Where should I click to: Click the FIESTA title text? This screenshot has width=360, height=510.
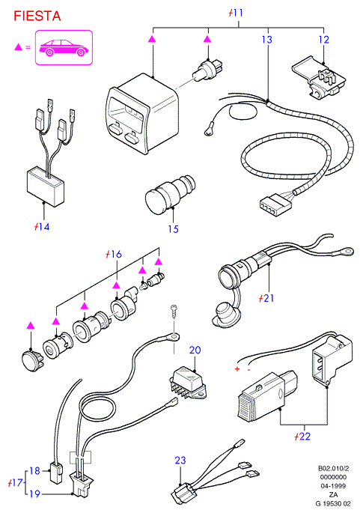pyautogui.click(x=37, y=16)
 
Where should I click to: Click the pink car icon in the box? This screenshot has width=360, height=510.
pyautogui.click(x=64, y=47)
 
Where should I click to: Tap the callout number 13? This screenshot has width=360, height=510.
pyautogui.click(x=267, y=40)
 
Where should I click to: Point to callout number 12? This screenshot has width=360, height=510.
pyautogui.click(x=324, y=40)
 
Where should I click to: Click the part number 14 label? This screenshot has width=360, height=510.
pyautogui.click(x=42, y=226)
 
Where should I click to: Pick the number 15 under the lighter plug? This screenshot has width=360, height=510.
pyautogui.click(x=173, y=229)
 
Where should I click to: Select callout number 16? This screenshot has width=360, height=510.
pyautogui.click(x=114, y=254)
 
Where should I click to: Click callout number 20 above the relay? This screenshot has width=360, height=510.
pyautogui.click(x=195, y=350)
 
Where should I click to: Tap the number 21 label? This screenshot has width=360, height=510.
pyautogui.click(x=266, y=298)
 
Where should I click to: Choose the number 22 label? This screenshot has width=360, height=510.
pyautogui.click(x=302, y=436)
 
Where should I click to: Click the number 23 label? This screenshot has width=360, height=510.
pyautogui.click(x=180, y=461)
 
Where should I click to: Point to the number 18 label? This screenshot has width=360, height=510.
pyautogui.click(x=34, y=470)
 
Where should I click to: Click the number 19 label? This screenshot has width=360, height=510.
pyautogui.click(x=34, y=494)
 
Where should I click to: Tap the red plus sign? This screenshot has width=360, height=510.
pyautogui.click(x=237, y=369)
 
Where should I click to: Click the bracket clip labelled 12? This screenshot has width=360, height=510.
pyautogui.click(x=318, y=76)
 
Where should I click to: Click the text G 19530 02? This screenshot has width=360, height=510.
pyautogui.click(x=333, y=503)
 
